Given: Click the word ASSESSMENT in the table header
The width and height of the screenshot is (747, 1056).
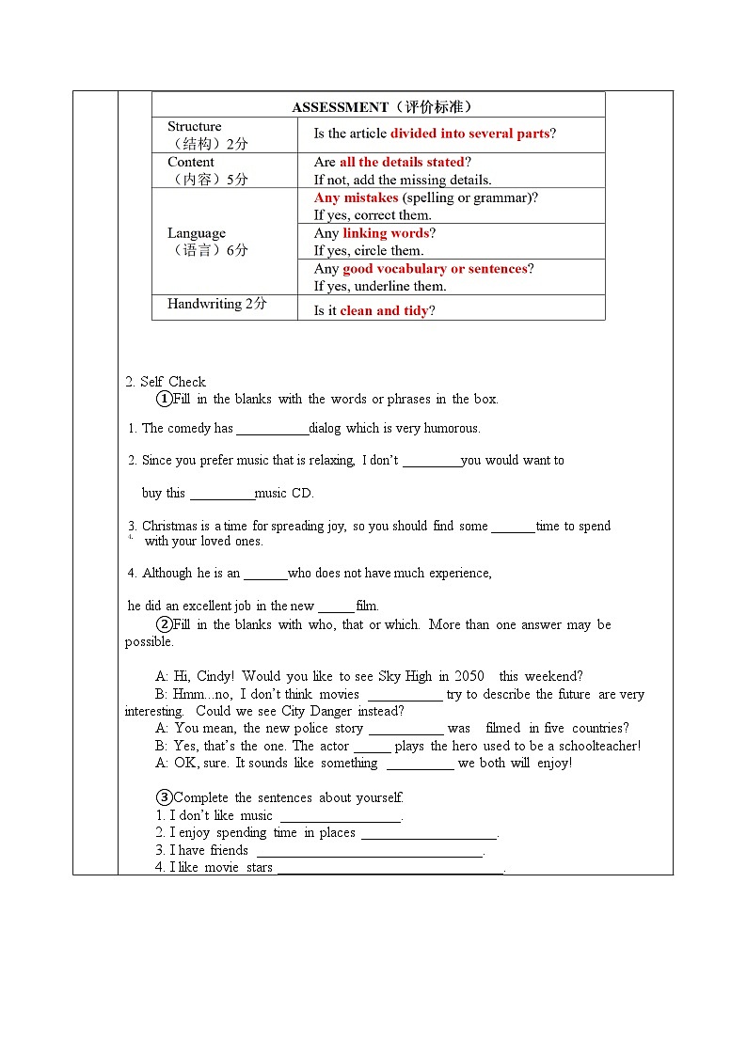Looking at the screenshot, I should (x=340, y=107).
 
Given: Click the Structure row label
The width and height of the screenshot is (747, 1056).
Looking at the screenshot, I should (x=195, y=127).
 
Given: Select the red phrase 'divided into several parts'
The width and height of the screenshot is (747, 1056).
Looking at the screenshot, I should (x=469, y=134).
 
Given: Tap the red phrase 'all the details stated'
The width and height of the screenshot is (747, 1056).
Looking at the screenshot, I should (x=402, y=163).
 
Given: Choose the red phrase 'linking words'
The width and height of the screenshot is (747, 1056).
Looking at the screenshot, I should (x=386, y=233).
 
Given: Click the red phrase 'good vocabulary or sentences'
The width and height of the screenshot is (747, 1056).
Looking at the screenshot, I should (x=435, y=269).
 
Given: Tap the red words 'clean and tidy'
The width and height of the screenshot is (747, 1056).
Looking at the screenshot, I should (x=384, y=311).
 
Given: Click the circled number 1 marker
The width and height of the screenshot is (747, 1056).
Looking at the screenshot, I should (x=165, y=399).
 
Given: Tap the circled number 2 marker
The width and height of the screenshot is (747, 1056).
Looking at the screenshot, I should (x=165, y=624).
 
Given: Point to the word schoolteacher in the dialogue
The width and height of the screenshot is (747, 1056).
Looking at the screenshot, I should (x=599, y=746).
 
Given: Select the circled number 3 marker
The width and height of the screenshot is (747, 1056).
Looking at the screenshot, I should (x=165, y=797).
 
